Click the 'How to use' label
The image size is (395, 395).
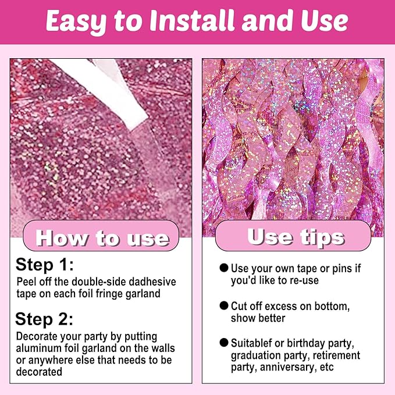[102, 238]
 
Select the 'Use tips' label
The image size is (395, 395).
[296, 237]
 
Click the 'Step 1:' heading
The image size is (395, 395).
[45, 265]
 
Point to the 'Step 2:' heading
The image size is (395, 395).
[44, 319]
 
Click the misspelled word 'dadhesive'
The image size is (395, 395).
[152, 282]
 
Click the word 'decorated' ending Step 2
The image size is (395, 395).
[39, 372]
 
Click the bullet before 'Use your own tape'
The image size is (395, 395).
[224, 268]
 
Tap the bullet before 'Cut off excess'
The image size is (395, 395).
[224, 305]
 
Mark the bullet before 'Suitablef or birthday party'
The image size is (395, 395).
[224, 343]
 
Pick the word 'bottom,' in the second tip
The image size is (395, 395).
[332, 307]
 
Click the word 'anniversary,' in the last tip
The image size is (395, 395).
[289, 368]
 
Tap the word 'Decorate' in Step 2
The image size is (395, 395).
[37, 336]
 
